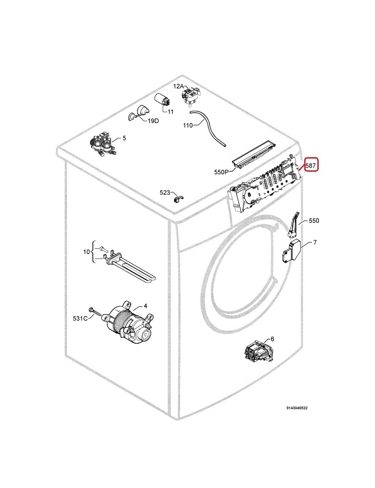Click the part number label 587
point(311,166)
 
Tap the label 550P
point(221,172)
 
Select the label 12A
point(179,86)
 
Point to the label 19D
point(153,121)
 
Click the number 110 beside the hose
point(188,125)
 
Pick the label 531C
point(80,319)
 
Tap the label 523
point(165,193)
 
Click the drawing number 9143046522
point(297,408)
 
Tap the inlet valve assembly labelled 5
point(102,145)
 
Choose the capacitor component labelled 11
point(162,103)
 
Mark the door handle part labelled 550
point(294,222)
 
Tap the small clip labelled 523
point(178,198)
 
